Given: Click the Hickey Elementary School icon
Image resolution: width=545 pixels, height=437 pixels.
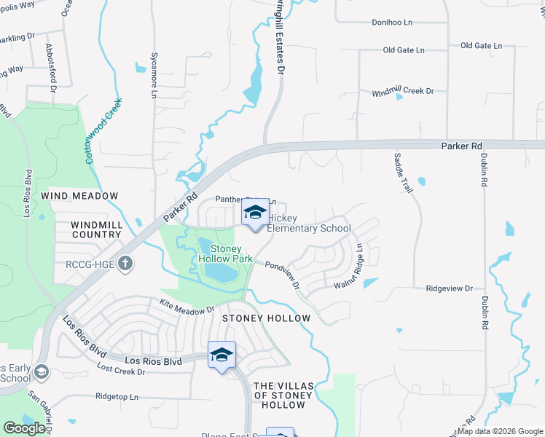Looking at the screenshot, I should [255, 213].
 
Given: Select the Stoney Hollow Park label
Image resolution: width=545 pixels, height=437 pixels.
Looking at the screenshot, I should [226, 253].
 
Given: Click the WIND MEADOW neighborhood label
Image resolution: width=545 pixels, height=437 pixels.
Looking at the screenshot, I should [79, 196].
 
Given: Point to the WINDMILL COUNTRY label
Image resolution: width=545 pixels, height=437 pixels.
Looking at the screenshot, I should [97, 229].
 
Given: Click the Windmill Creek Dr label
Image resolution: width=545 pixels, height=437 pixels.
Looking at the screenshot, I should [402, 92].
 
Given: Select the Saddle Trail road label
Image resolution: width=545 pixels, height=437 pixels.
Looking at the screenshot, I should [403, 173].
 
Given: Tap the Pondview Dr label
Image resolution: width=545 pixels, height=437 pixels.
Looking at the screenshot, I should [283, 275].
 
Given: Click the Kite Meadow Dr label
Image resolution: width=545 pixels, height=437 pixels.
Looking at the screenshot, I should [187, 306].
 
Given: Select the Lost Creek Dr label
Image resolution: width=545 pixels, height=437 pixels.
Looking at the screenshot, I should [120, 371].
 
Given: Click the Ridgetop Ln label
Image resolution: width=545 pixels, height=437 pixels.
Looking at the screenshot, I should [117, 397].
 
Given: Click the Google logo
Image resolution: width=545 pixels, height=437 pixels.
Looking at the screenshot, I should [24, 428].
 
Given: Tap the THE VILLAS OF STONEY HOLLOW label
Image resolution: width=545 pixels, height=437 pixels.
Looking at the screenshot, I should [283, 395].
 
